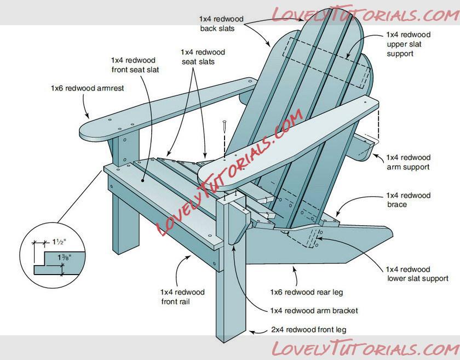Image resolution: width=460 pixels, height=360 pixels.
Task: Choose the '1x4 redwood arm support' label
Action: pyautogui.click(x=408, y=162)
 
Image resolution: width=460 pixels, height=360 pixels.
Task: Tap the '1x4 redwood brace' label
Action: pyautogui.click(x=408, y=200)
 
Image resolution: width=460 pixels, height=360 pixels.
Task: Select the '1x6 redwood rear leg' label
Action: pyautogui.click(x=306, y=293)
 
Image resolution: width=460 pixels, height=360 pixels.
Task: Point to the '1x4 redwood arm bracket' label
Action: pyautogui.click(x=314, y=311)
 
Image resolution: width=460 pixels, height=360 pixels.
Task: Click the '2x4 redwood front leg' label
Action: pyautogui.click(x=309, y=330)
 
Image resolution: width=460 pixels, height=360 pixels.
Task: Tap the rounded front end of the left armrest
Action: pyautogui.click(x=90, y=131)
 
